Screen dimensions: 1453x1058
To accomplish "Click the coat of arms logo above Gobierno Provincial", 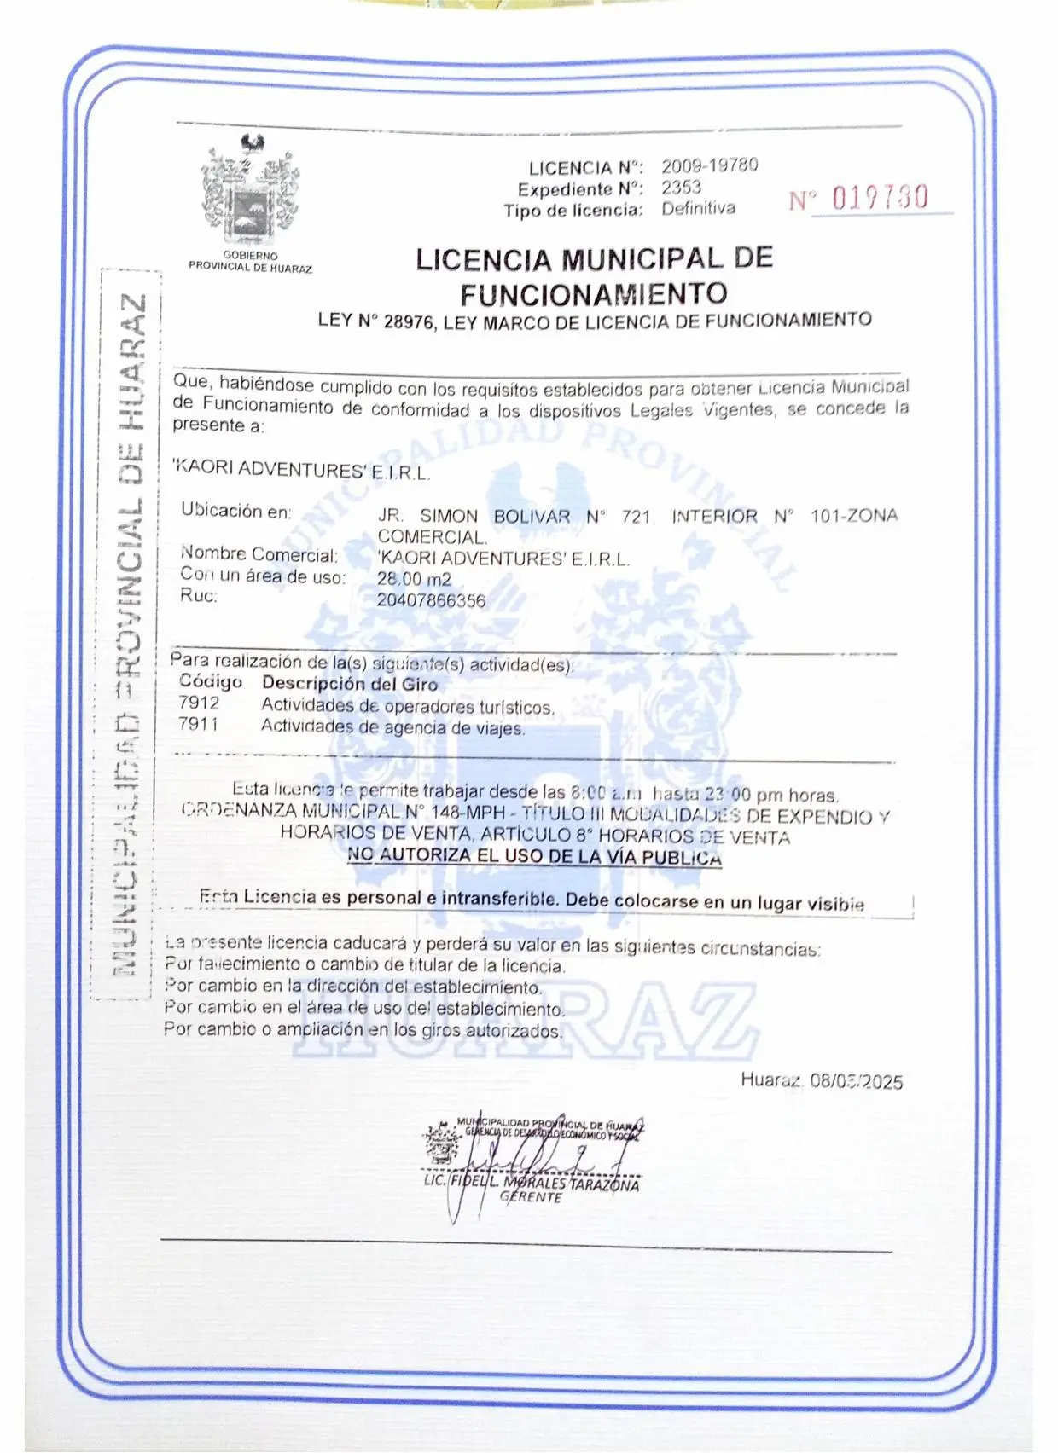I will pos(250,188).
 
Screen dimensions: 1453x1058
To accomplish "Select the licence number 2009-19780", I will pos(709,165).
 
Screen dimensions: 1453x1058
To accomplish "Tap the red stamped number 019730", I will pos(879,198).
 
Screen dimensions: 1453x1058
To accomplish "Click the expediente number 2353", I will pos(681,188).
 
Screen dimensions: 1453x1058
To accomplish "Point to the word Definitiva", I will pos(698,208).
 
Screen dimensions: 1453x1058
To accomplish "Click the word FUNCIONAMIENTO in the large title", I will pos(594,295).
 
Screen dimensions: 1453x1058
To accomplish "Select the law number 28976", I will pos(409,322).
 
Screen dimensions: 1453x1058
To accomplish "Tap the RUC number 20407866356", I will pos(431,600).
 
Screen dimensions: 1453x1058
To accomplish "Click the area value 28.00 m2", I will pos(414,580).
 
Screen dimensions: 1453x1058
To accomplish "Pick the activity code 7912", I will pos(199,703).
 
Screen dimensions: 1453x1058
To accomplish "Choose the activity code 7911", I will pos(199,725).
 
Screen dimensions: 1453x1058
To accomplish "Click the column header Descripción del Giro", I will pos(350,684).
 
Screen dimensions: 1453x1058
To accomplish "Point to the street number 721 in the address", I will pos(637,517).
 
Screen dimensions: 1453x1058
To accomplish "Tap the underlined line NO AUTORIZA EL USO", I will pos(534,856).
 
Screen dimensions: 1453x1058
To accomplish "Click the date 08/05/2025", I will pos(856,1081).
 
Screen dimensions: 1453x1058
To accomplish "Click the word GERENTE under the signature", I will pos(531,1197).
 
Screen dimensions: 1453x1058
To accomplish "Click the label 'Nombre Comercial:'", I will pos(259,555).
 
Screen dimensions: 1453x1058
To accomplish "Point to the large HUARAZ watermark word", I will pos(525,1019).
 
